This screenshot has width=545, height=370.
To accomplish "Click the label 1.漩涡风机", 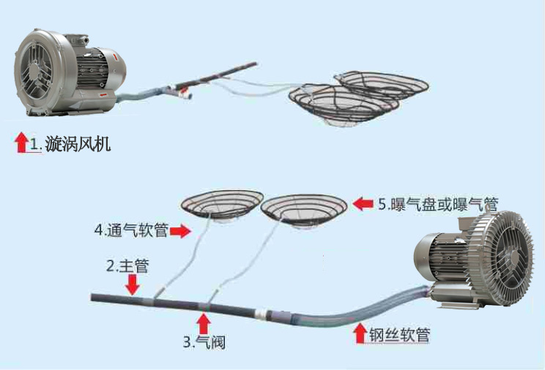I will (x=70, y=143).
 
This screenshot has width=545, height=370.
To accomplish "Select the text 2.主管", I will (x=127, y=265).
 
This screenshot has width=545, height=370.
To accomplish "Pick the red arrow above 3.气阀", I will (x=204, y=322).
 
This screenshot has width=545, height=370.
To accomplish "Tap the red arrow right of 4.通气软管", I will (x=181, y=232).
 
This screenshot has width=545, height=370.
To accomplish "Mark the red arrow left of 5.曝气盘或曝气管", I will (x=363, y=203).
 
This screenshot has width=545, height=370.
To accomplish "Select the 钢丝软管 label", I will (x=399, y=336).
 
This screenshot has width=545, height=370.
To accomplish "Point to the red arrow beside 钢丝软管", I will (x=360, y=335).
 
